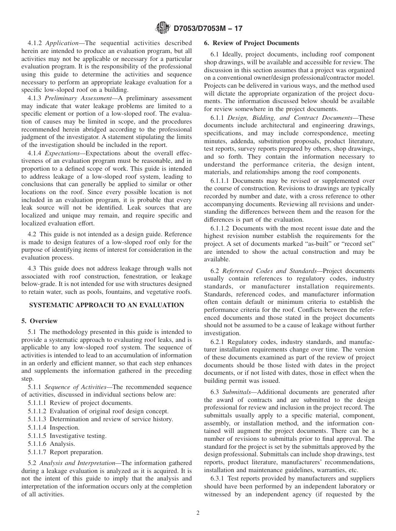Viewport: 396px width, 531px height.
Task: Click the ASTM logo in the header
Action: pos(162,28)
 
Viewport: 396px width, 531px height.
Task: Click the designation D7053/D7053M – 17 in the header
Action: pos(207,28)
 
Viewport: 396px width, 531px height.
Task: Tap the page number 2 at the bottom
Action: pos(198,513)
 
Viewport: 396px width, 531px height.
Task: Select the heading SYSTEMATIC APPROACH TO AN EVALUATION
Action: pos(106,305)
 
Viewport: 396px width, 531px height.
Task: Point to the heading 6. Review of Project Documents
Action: pos(251,43)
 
